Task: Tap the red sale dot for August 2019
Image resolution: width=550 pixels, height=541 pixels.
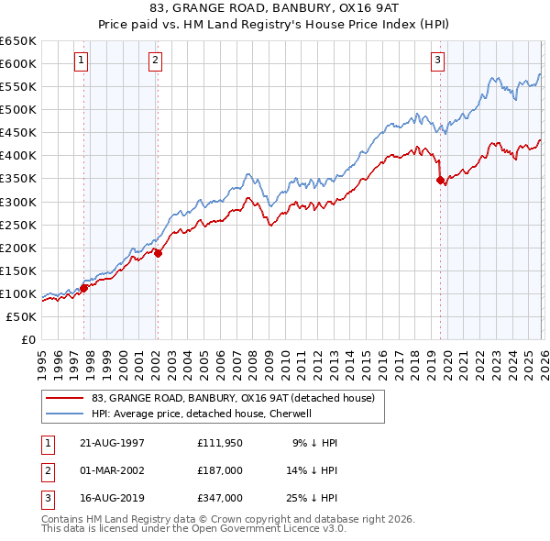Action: click(x=440, y=180)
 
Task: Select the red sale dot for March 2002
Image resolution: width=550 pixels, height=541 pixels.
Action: click(x=158, y=253)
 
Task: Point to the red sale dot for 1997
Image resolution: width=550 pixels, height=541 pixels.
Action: click(x=84, y=288)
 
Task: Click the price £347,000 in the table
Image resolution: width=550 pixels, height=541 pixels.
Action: click(x=220, y=498)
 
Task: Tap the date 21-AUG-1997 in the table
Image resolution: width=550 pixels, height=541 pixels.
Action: click(x=112, y=443)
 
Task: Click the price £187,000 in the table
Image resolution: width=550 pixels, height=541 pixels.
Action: click(x=220, y=470)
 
